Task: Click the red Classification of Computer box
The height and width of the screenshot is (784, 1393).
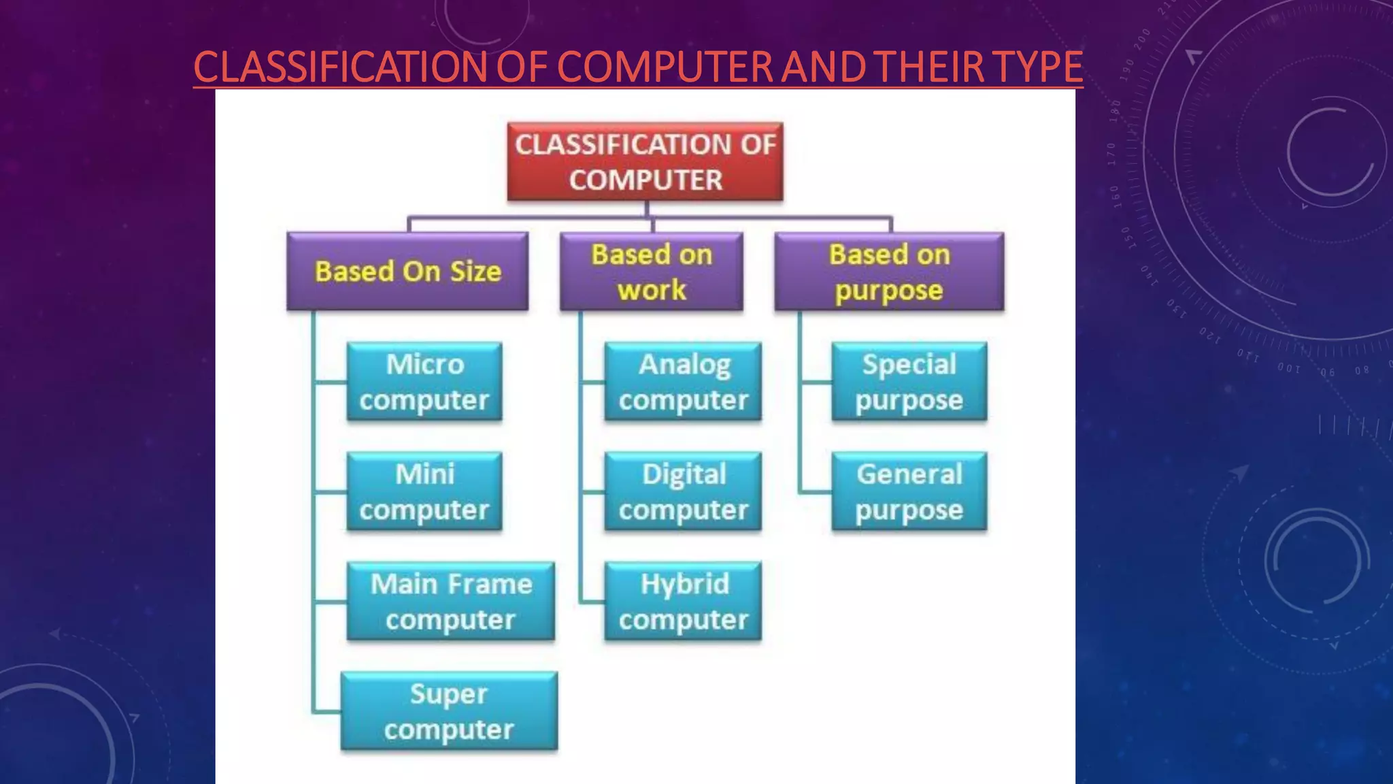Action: [x=645, y=162]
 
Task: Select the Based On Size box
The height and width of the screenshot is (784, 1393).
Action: [x=407, y=272]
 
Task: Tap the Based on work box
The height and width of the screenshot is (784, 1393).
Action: [x=652, y=272]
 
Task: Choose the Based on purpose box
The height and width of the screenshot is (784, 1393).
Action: [x=889, y=272]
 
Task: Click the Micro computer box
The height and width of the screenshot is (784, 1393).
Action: [x=424, y=382]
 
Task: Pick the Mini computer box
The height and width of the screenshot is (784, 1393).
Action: [x=424, y=491]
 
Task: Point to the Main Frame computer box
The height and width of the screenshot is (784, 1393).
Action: [x=450, y=602]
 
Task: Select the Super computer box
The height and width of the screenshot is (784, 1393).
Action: [x=449, y=711]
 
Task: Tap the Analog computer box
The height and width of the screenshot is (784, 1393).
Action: [x=683, y=382]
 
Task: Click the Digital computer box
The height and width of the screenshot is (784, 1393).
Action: [x=683, y=491]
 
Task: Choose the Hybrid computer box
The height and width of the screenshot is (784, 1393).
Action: [x=683, y=602]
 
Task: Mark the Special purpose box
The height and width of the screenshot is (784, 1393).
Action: [x=909, y=382]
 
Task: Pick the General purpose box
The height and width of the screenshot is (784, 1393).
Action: [x=909, y=491]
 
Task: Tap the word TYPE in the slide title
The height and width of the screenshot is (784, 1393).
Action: [x=1038, y=67]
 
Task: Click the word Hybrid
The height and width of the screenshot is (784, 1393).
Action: [x=684, y=584]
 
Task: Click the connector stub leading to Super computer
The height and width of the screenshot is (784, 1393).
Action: [x=327, y=712]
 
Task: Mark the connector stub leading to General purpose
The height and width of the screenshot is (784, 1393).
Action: [x=816, y=491]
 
